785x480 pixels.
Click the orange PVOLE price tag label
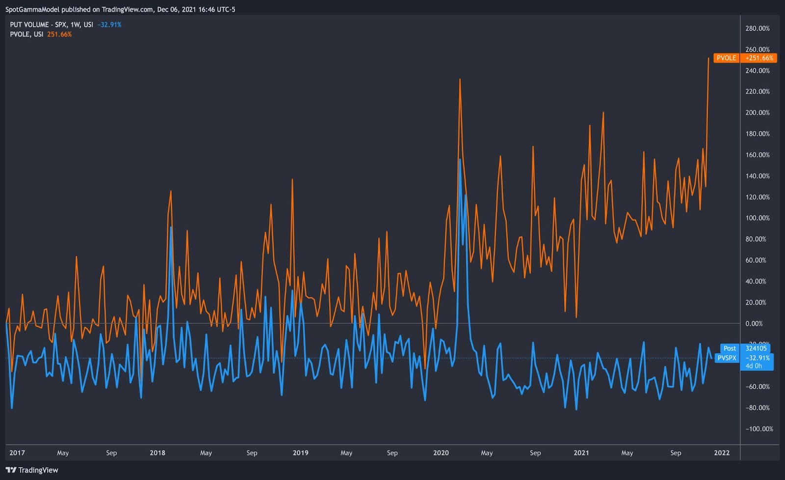(x=726, y=58)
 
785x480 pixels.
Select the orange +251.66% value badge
(x=759, y=58)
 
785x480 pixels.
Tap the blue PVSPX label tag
(x=727, y=358)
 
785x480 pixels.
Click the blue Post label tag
(x=730, y=348)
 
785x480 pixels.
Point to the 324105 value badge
(x=756, y=348)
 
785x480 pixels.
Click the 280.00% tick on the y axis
(x=758, y=28)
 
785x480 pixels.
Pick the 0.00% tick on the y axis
(x=754, y=324)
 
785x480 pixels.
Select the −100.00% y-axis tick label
(x=759, y=429)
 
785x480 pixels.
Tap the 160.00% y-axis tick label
(x=758, y=155)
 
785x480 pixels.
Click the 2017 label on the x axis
(x=17, y=453)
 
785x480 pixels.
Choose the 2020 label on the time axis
(x=441, y=453)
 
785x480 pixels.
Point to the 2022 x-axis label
(x=721, y=453)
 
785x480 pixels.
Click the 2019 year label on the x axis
(x=300, y=453)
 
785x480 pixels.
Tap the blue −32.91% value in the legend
(x=109, y=25)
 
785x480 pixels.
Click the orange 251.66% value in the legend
(x=59, y=34)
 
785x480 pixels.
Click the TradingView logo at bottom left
(x=32, y=470)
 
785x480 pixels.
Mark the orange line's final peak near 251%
(x=708, y=58)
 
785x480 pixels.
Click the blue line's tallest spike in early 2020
(x=460, y=159)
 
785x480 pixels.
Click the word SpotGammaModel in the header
(x=32, y=9)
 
